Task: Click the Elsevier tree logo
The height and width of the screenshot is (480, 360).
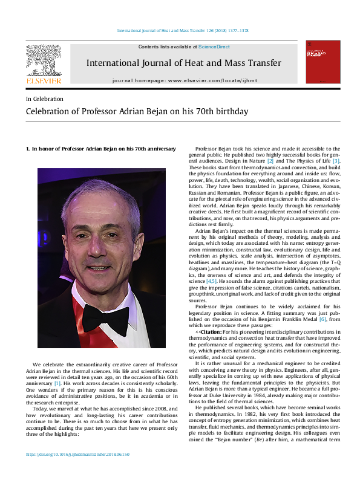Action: tap(43, 60)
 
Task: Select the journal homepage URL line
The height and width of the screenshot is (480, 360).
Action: tap(192, 80)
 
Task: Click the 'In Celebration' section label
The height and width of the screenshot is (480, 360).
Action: tap(44, 99)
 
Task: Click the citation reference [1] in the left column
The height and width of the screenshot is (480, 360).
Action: tap(57, 383)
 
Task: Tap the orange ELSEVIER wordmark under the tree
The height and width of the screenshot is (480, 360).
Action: tap(43, 79)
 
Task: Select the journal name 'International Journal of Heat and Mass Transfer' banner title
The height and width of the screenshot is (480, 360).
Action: tap(192, 62)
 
